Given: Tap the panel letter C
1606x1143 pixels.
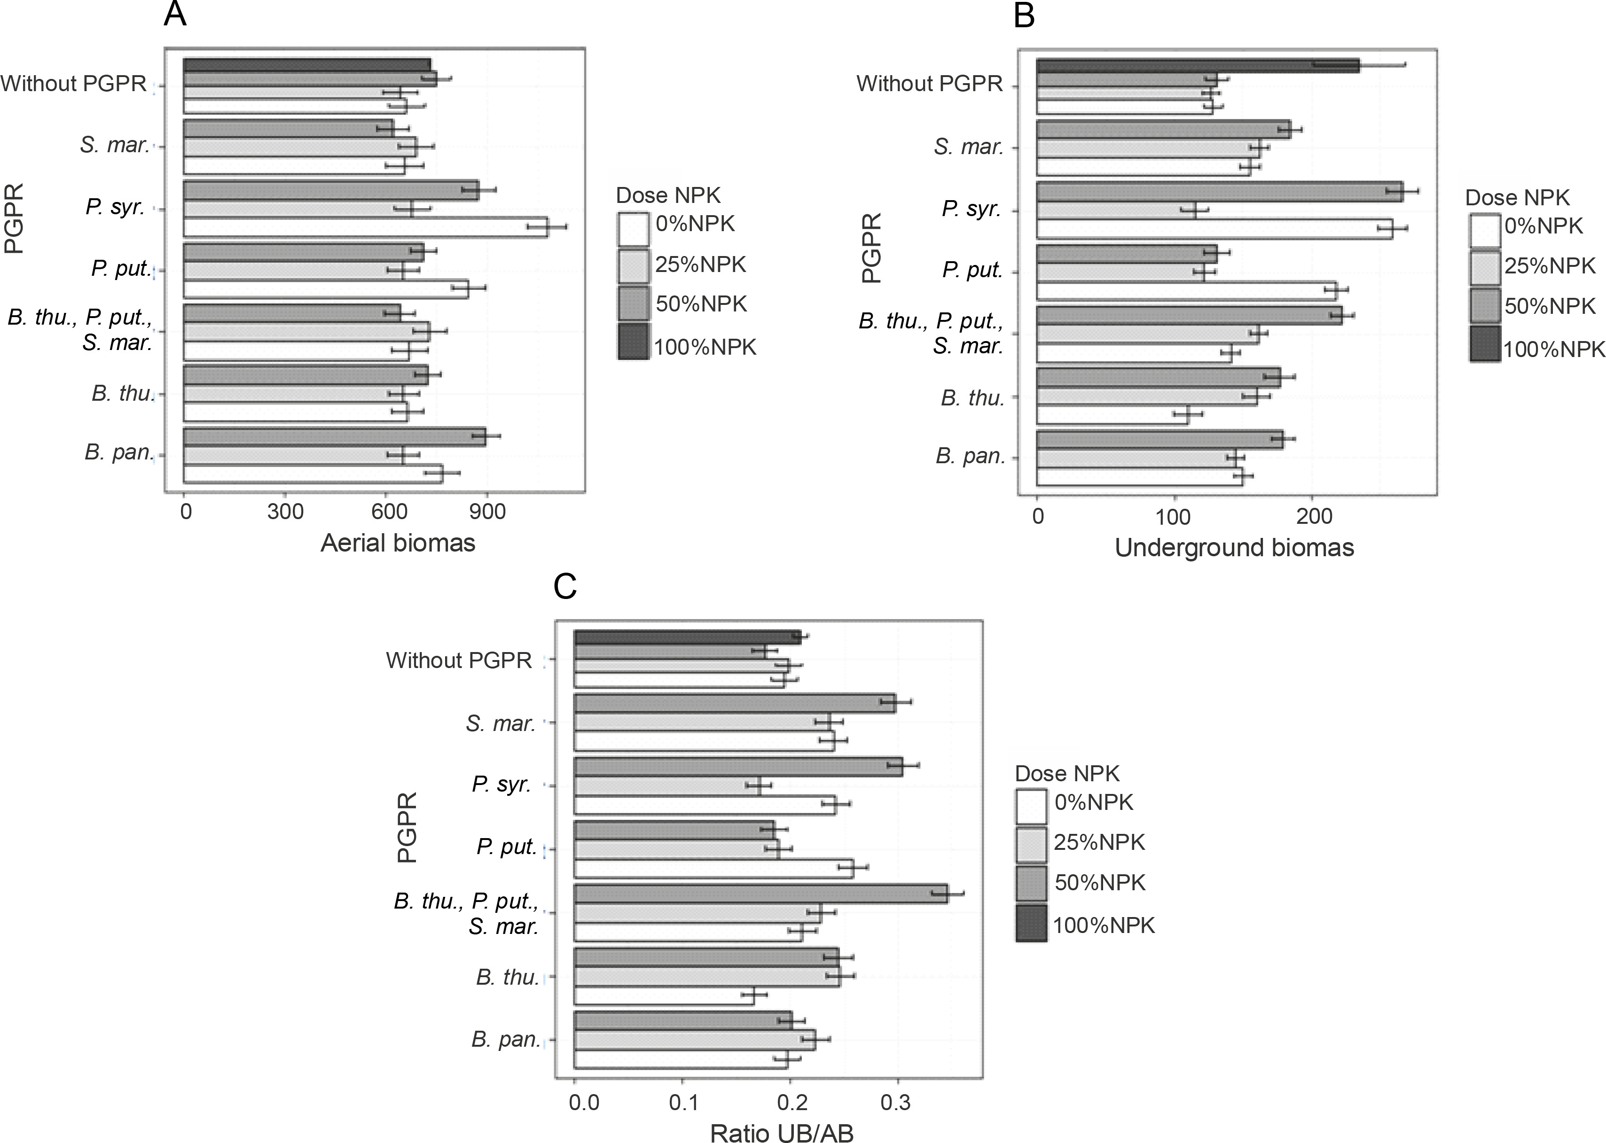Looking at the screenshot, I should tap(565, 586).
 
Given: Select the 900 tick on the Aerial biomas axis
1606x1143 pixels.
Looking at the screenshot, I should tap(488, 512).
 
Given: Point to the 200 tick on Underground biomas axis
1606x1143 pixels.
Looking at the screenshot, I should tap(1314, 517).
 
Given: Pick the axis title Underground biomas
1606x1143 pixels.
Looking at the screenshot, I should tap(1234, 548).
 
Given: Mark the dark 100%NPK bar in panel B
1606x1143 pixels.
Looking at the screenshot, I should tap(1197, 65).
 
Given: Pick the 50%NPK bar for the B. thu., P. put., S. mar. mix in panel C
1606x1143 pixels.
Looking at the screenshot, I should tap(760, 894).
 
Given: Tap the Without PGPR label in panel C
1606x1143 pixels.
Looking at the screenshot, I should tap(459, 660).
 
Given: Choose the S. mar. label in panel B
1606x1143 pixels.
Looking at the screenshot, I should tap(968, 147).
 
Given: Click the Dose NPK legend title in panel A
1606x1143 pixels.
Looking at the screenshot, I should tap(668, 195).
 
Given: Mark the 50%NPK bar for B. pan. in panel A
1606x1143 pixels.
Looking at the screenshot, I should tap(335, 436).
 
